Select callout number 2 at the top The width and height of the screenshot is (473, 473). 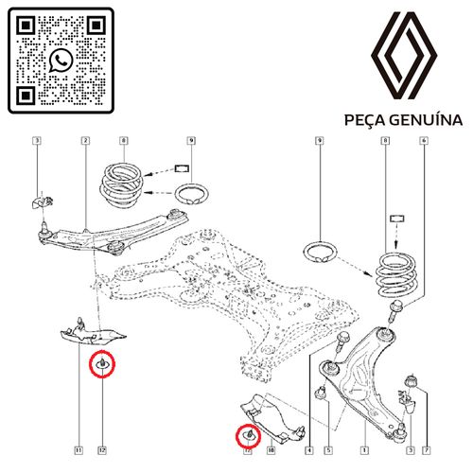tap(85, 142)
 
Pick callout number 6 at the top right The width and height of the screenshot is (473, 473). tap(424, 142)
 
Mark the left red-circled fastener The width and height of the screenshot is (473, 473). tap(102, 364)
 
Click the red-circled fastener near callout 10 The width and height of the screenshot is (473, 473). tap(249, 436)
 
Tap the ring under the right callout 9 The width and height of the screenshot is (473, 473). tap(321, 254)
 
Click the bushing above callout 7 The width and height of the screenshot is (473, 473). tap(412, 380)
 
